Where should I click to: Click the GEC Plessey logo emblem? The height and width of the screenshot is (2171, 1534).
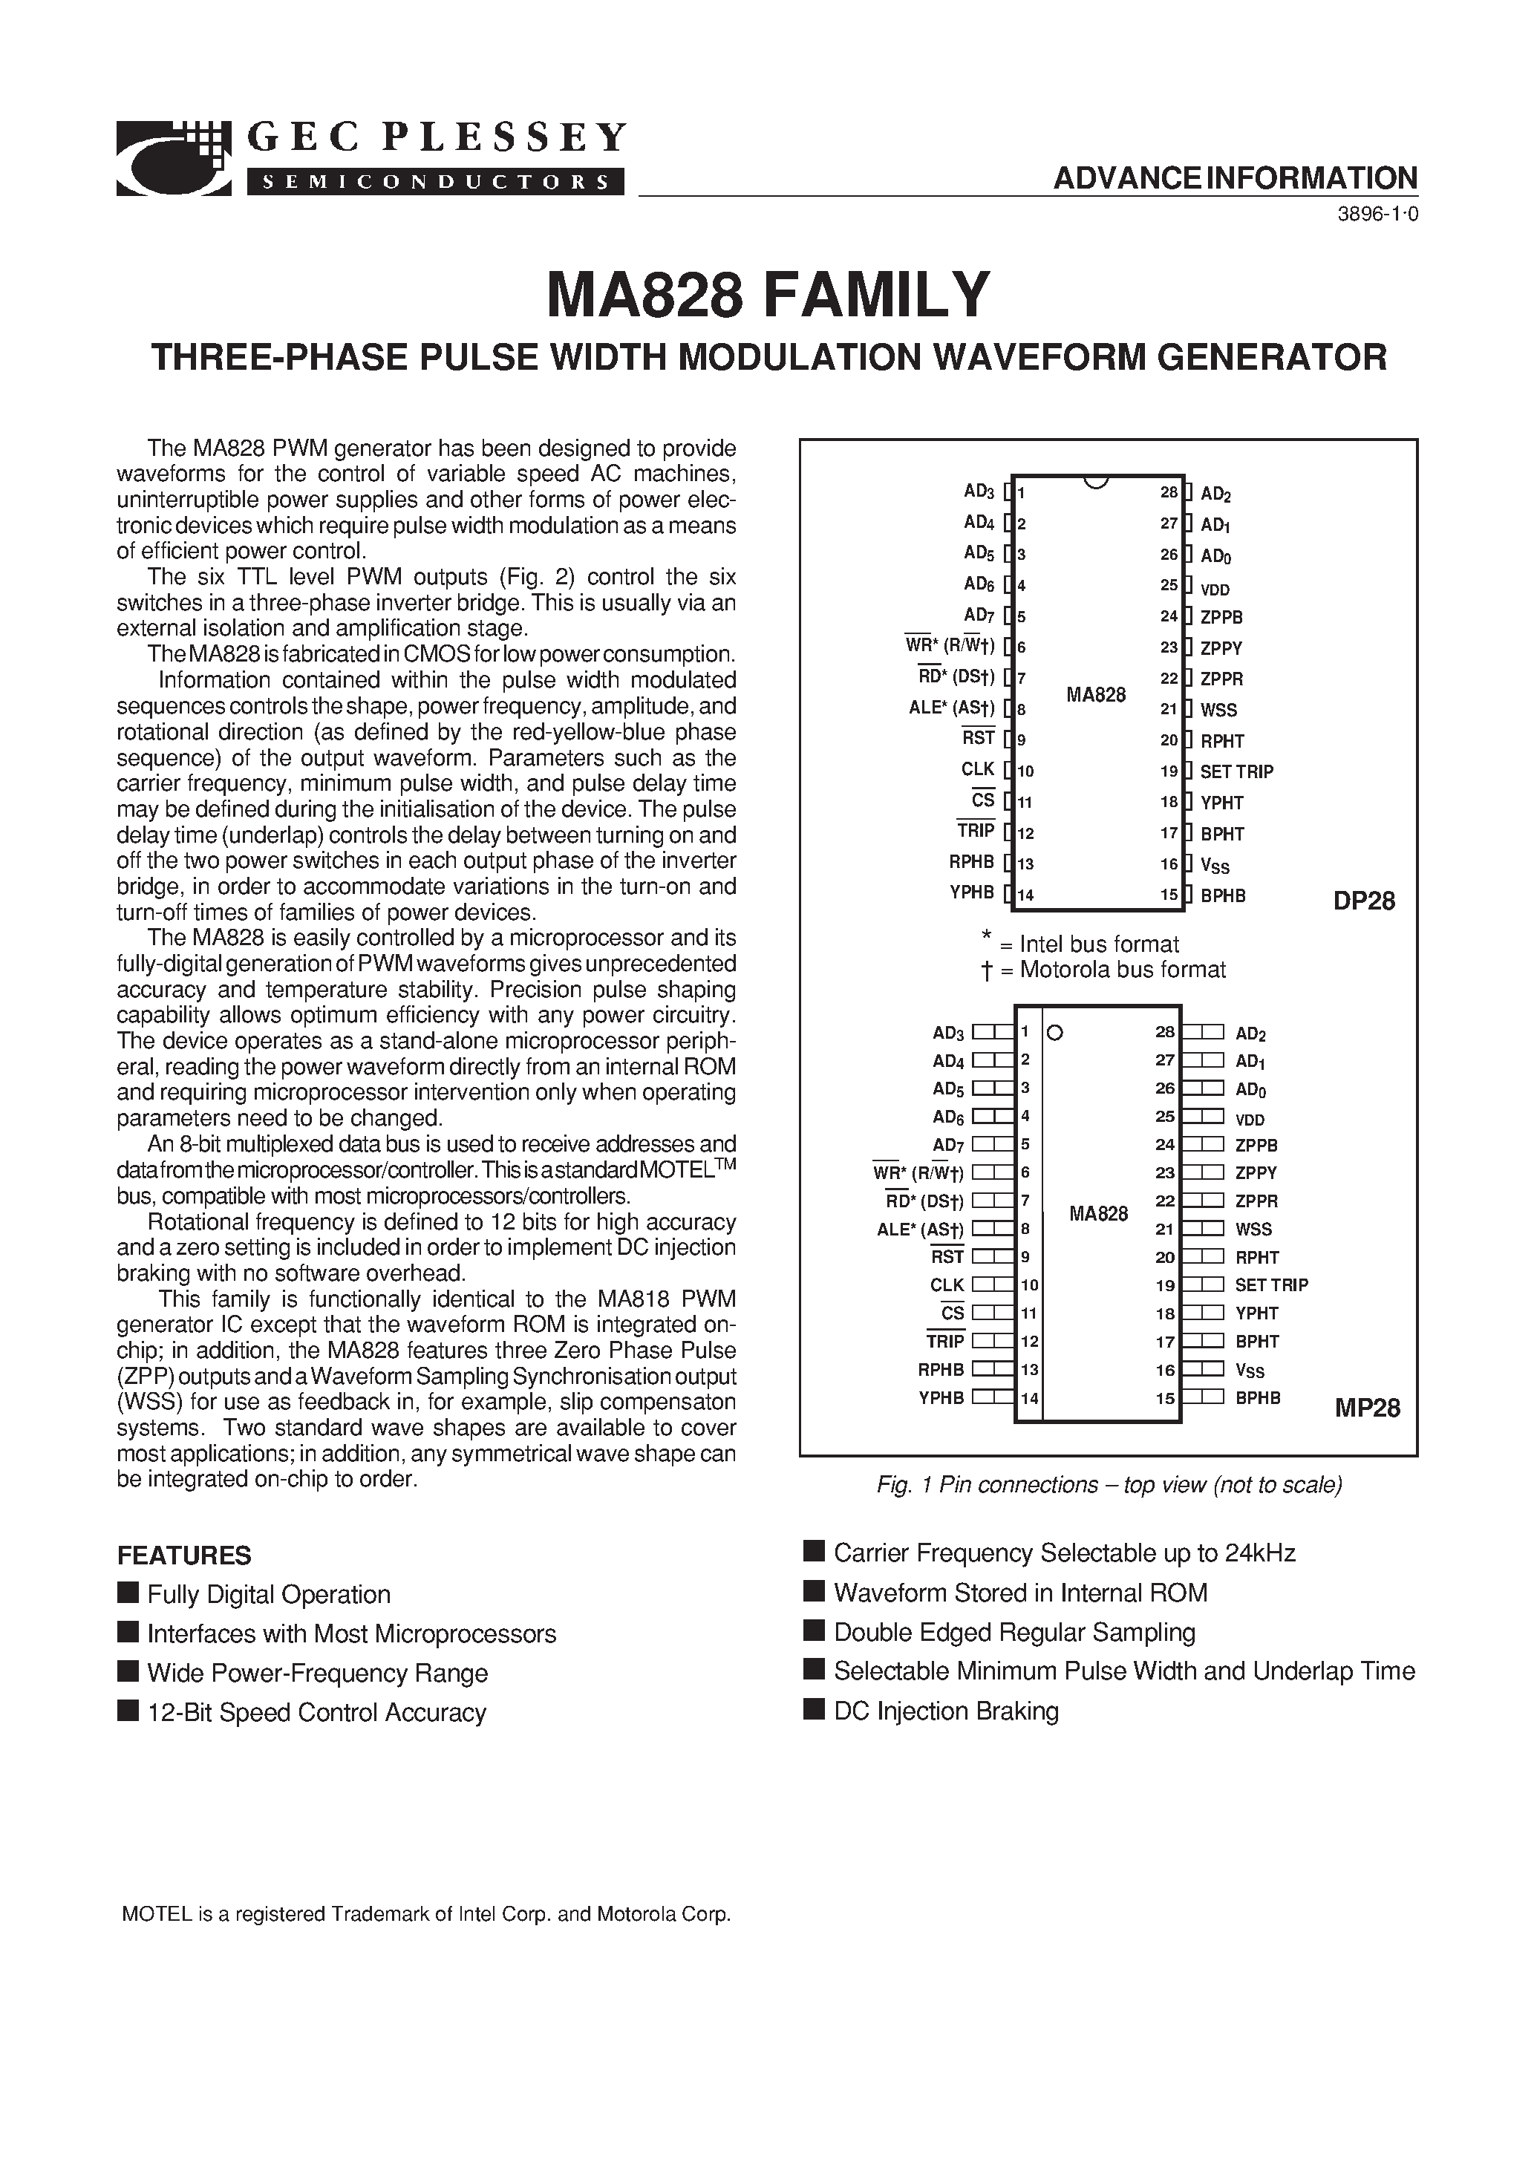click(x=174, y=158)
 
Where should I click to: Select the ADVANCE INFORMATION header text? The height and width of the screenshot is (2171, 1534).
click(x=1235, y=177)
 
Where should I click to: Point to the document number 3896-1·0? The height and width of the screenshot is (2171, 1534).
click(x=1377, y=215)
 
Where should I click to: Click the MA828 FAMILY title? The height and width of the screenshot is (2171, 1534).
click(x=768, y=294)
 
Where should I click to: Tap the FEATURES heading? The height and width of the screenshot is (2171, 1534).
click(x=183, y=1555)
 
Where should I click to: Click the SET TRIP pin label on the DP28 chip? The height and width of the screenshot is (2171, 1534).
click(x=1236, y=771)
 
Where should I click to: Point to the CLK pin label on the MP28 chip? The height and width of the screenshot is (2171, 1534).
click(x=947, y=1285)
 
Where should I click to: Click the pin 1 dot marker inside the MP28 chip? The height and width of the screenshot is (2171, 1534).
click(x=1057, y=1033)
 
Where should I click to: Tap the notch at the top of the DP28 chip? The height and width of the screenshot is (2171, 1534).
click(x=1095, y=481)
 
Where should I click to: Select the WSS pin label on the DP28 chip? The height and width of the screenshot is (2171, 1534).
click(x=1218, y=710)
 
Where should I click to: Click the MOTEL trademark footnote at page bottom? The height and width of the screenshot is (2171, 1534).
click(x=425, y=1915)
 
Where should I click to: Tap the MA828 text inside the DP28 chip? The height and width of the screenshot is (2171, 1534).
click(x=1096, y=695)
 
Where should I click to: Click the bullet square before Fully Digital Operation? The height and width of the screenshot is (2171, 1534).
click(x=128, y=1593)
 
